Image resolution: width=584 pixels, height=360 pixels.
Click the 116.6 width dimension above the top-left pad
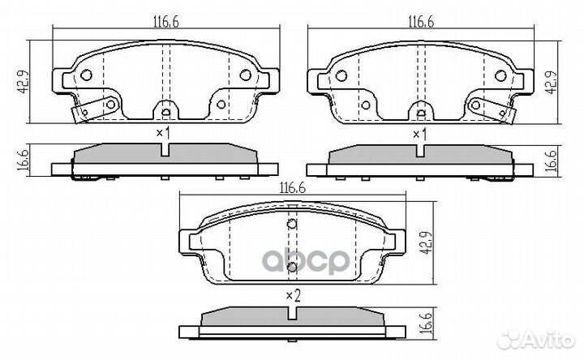166,22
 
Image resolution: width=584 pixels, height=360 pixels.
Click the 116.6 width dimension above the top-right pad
421,22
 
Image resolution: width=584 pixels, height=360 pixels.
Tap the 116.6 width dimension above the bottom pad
293,188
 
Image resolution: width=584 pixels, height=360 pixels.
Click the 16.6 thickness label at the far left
23,160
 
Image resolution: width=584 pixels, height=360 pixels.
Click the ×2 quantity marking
293,296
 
